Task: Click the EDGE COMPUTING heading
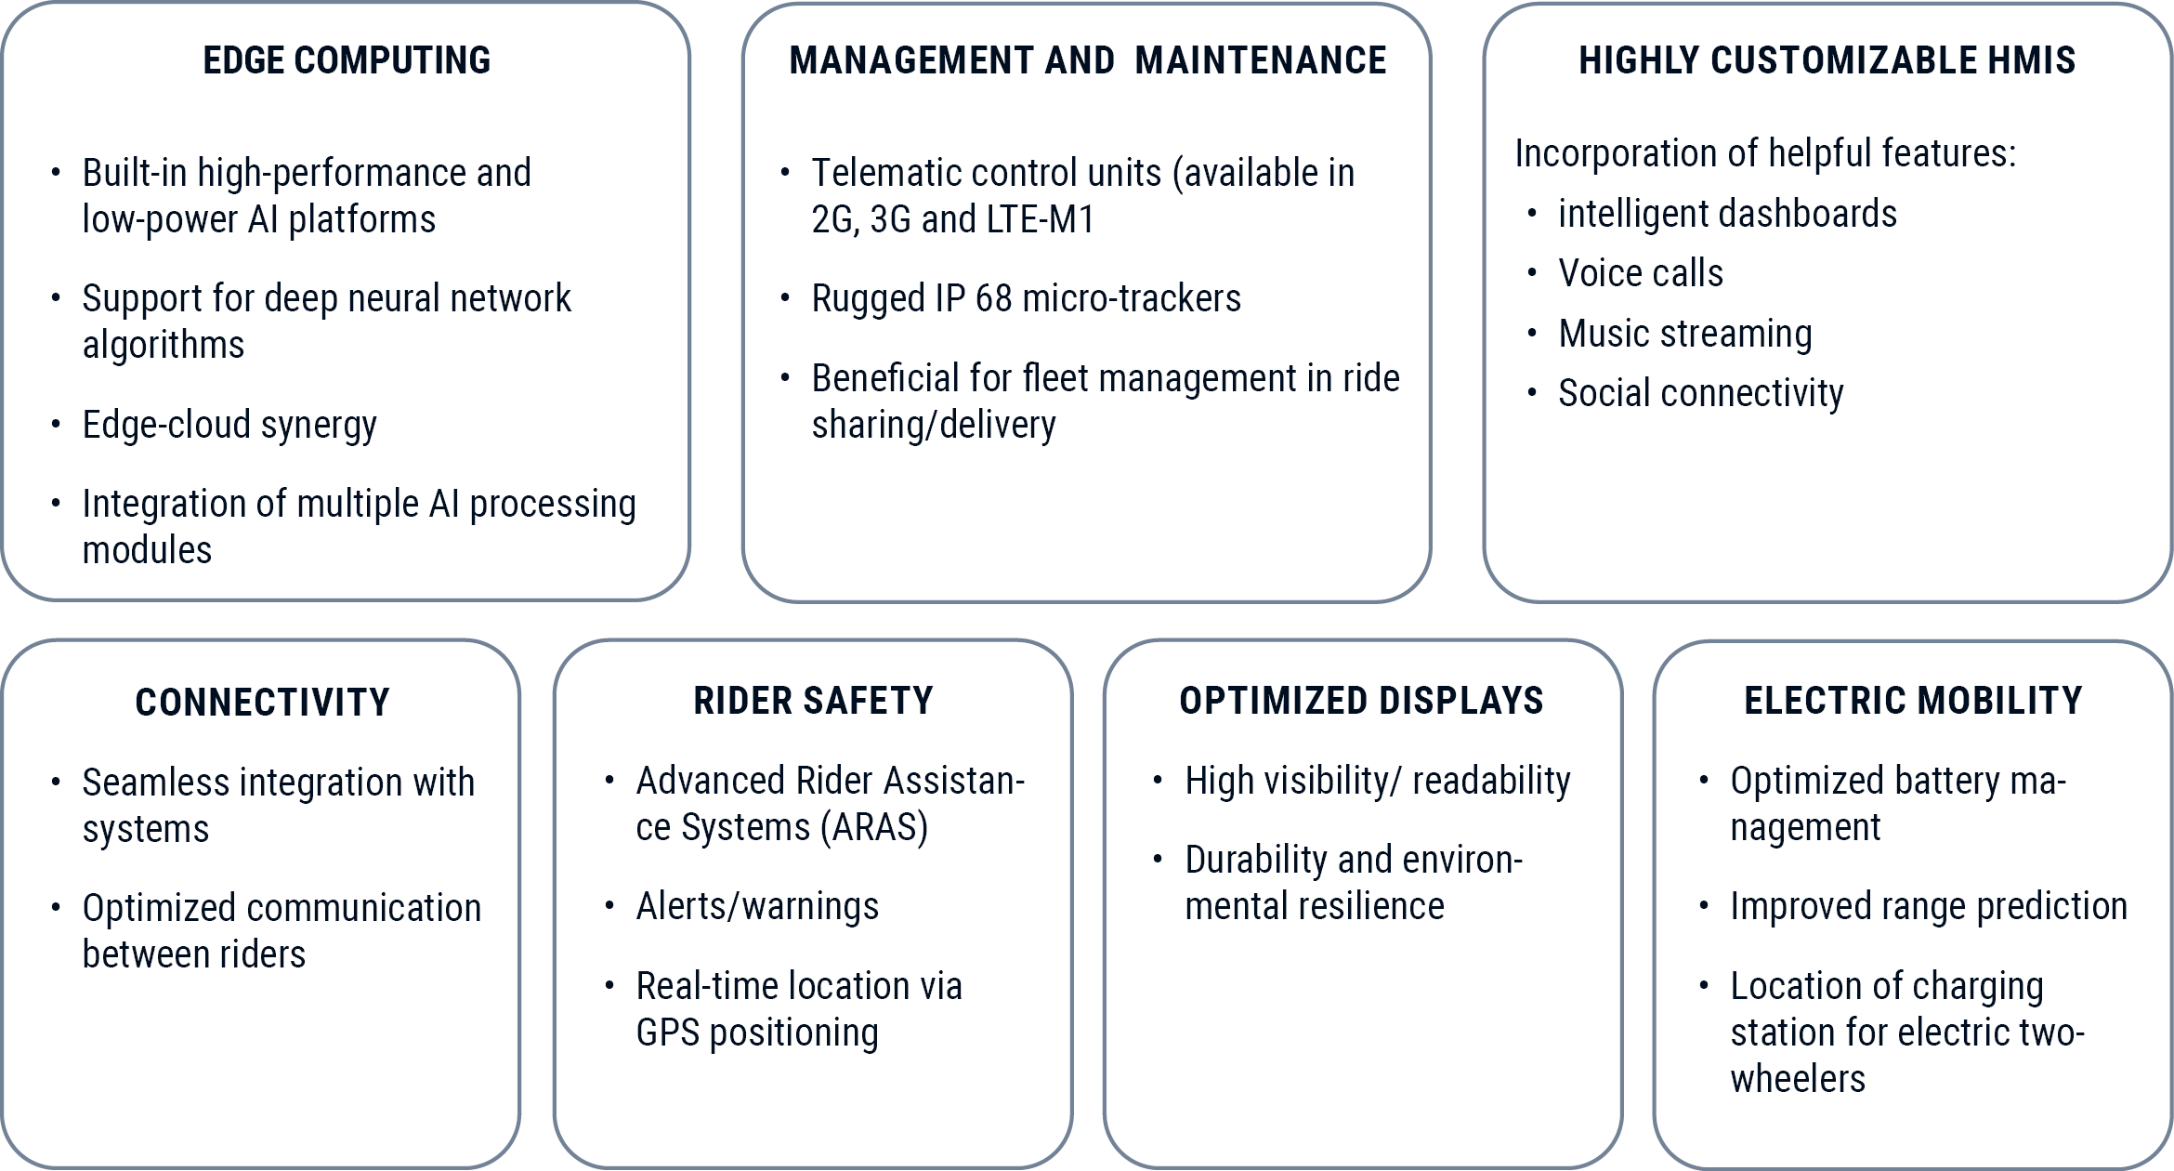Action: pyautogui.click(x=347, y=60)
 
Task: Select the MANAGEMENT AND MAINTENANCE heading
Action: pyautogui.click(x=1088, y=60)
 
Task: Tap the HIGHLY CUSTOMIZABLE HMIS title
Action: pyautogui.click(x=1827, y=60)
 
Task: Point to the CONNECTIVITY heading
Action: pyautogui.click(x=262, y=702)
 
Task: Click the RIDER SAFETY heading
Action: pyautogui.click(x=813, y=700)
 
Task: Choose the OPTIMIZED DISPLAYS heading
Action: pyautogui.click(x=1361, y=700)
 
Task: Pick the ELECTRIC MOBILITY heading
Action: pyautogui.click(x=1913, y=700)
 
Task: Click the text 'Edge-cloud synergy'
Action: pyautogui.click(x=229, y=426)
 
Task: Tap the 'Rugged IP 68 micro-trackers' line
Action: pyautogui.click(x=1026, y=298)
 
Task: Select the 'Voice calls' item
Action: pyautogui.click(x=1641, y=273)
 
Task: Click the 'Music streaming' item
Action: pyautogui.click(x=1685, y=335)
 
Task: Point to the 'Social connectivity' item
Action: pyautogui.click(x=1700, y=394)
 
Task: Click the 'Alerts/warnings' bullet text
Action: pyautogui.click(x=757, y=906)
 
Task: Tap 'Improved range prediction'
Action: pyautogui.click(x=1929, y=906)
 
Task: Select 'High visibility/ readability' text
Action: pyautogui.click(x=1378, y=782)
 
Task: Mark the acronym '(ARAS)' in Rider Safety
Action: pyautogui.click(x=874, y=827)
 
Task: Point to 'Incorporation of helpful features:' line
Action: pyautogui.click(x=1765, y=154)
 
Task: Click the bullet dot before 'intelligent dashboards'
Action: pyautogui.click(x=1531, y=214)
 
